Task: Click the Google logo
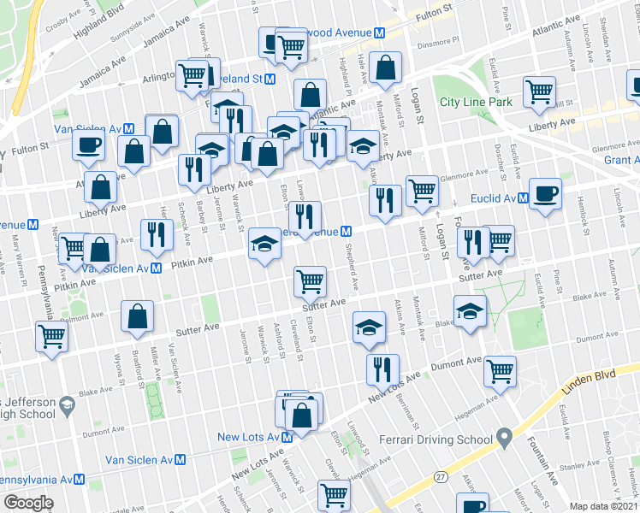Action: click(x=28, y=503)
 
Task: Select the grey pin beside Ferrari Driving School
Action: click(x=505, y=439)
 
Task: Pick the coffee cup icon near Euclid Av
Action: click(x=545, y=193)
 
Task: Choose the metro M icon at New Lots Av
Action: click(x=287, y=437)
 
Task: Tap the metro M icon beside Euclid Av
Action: click(x=516, y=198)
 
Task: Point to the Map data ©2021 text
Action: click(x=603, y=506)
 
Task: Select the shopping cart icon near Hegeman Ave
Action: click(x=500, y=370)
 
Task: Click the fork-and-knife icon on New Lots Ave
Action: click(x=381, y=369)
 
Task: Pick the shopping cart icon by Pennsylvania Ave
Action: click(x=50, y=335)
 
